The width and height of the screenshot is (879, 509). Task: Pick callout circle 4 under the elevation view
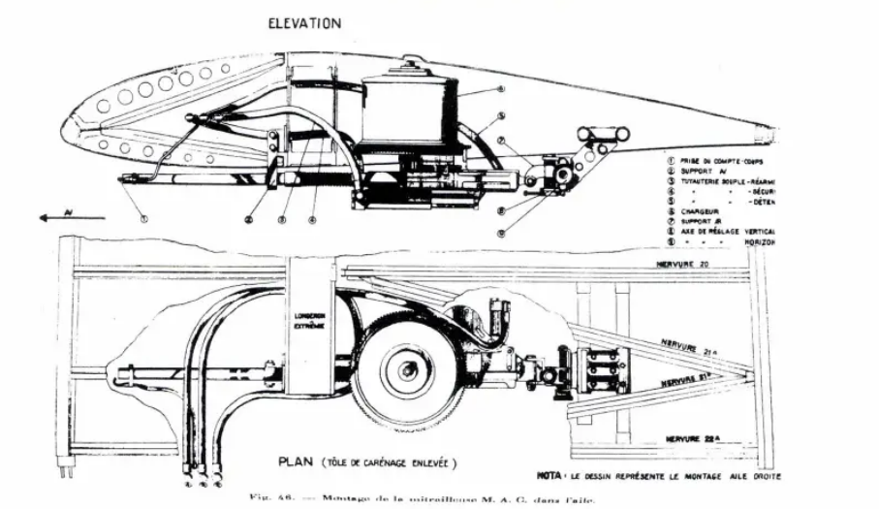(312, 218)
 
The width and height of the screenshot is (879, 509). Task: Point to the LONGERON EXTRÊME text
(308, 321)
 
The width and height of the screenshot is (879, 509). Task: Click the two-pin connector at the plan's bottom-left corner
(66, 467)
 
